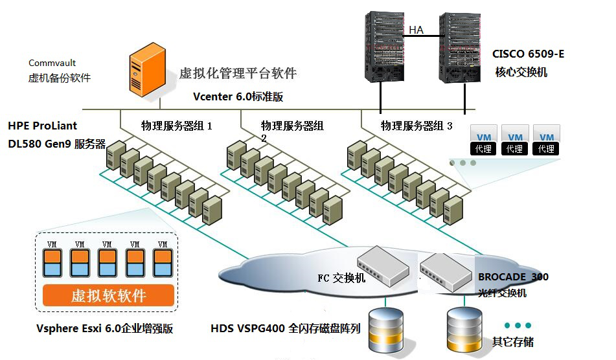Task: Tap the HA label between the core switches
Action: pyautogui.click(x=415, y=30)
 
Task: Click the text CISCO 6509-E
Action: pyautogui.click(x=527, y=54)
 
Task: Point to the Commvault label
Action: pyautogui.click(x=52, y=63)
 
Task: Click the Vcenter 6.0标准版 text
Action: pyautogui.click(x=238, y=96)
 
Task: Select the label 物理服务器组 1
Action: pyautogui.click(x=176, y=126)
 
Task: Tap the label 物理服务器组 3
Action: pyautogui.click(x=416, y=126)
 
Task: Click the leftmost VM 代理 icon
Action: pyautogui.click(x=483, y=142)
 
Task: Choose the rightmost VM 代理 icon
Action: pyautogui.click(x=546, y=142)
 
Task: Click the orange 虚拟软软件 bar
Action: pyautogui.click(x=108, y=296)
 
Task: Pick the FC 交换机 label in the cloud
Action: pyautogui.click(x=341, y=278)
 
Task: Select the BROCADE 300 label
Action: pyautogui.click(x=513, y=277)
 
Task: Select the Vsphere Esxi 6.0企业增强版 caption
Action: pyautogui.click(x=105, y=328)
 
